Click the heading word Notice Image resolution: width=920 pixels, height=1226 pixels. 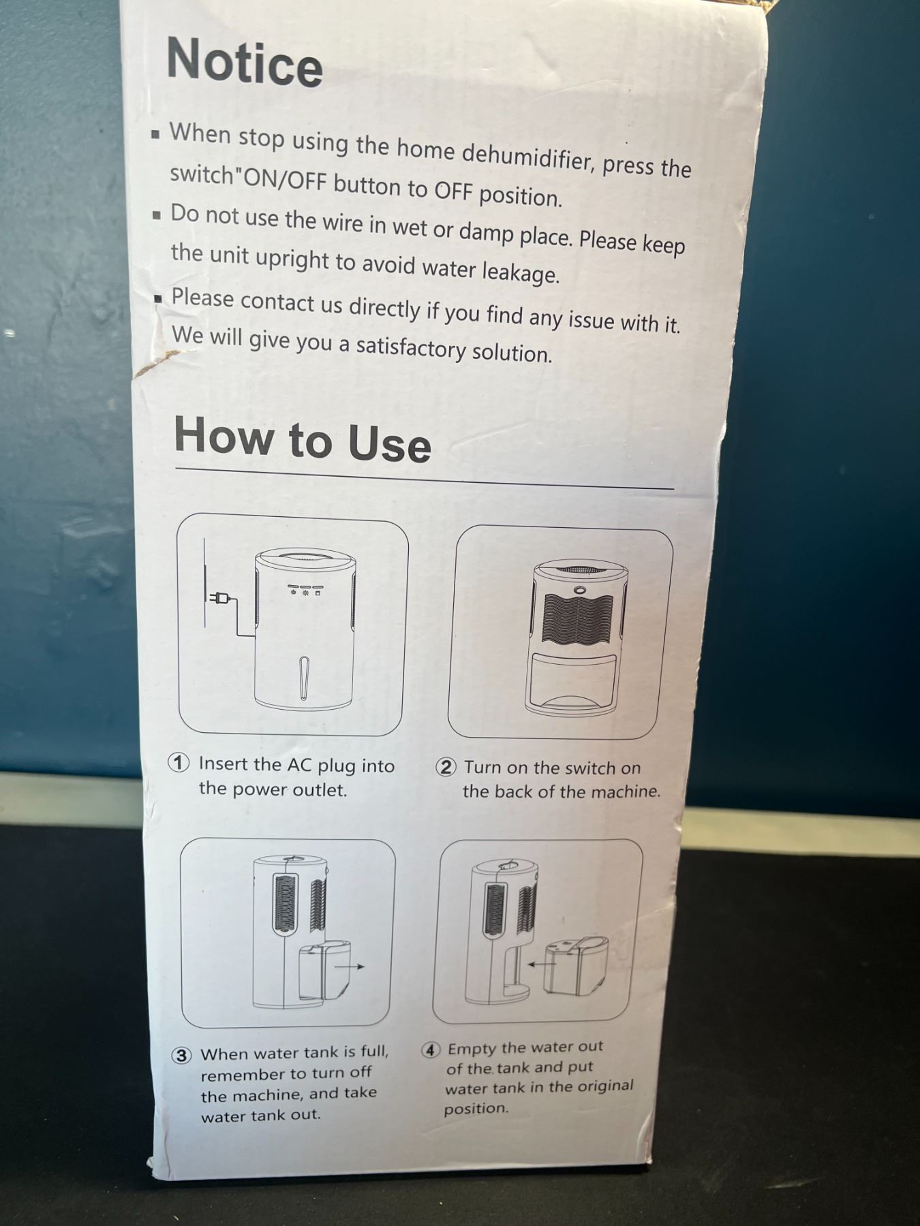point(245,61)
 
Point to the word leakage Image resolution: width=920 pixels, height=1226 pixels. point(521,272)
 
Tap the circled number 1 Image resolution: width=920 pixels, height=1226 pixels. point(179,763)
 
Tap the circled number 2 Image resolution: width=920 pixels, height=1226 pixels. point(446,767)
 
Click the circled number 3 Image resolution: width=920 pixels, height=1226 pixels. point(181,1055)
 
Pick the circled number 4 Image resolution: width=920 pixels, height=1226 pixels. point(430,1049)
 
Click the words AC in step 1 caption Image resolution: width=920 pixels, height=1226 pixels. point(298,765)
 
